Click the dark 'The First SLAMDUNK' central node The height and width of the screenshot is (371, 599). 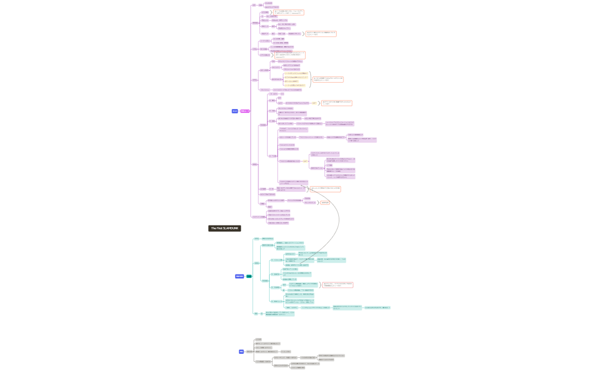click(224, 228)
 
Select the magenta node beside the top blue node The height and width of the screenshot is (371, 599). click(245, 111)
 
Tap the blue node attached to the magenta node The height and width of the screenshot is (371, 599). click(234, 111)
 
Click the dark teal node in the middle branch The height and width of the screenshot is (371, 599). click(249, 276)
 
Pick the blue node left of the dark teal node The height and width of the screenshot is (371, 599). click(239, 276)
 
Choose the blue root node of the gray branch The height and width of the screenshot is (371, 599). click(241, 352)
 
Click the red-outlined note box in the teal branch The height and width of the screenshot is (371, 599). click(338, 284)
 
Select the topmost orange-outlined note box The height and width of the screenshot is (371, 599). click(289, 12)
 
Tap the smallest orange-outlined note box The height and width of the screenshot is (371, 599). click(325, 203)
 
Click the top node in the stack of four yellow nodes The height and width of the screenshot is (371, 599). click(296, 73)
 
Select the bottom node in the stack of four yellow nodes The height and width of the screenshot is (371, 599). click(295, 85)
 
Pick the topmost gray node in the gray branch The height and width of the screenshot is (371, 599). click(258, 339)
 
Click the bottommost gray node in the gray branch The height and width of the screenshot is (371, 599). click(298, 368)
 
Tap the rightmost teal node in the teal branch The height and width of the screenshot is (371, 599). click(377, 308)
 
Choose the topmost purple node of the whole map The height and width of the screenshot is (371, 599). click(268, 3)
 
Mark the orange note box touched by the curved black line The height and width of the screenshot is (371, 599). click(325, 188)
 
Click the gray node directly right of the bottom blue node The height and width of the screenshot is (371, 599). click(249, 352)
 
